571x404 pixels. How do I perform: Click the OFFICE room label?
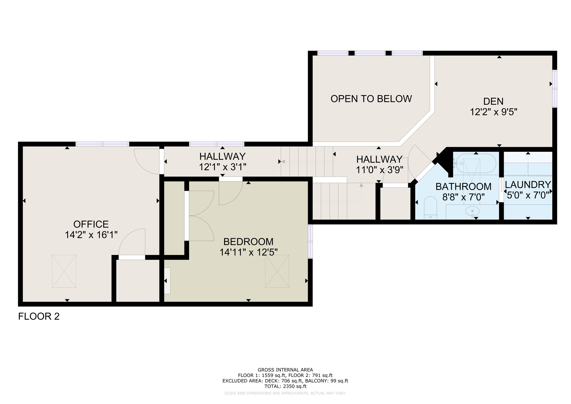(x=91, y=224)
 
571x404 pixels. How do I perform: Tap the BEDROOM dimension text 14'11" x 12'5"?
(x=248, y=252)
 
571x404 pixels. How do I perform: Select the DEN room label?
(x=493, y=101)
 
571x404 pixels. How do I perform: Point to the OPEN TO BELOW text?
(x=371, y=99)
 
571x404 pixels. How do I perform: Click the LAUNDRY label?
(x=528, y=185)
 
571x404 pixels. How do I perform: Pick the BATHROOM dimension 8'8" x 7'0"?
(x=464, y=197)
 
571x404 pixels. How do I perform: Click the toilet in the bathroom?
(x=430, y=208)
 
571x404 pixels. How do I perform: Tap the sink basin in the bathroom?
(x=472, y=211)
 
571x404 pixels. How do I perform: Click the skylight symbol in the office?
(x=64, y=271)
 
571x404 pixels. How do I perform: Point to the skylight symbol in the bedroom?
(x=277, y=271)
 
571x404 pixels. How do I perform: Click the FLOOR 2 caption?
(x=39, y=316)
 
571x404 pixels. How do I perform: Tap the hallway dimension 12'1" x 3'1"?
(x=222, y=167)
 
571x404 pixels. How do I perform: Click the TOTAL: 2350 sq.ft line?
(x=285, y=386)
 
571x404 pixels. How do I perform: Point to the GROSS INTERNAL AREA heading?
(x=285, y=370)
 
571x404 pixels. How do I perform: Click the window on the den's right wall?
(x=555, y=88)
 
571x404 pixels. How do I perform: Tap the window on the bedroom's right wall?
(x=310, y=242)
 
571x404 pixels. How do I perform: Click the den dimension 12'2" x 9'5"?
(x=493, y=112)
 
